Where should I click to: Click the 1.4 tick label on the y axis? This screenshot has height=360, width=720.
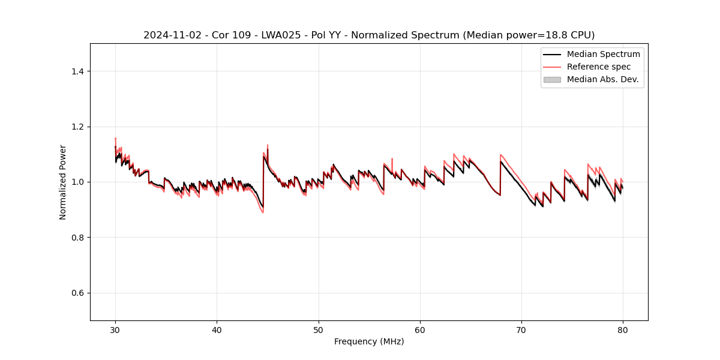(x=77, y=71)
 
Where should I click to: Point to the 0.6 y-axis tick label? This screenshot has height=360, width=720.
(x=77, y=293)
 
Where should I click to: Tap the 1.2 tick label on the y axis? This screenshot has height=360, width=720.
(x=77, y=127)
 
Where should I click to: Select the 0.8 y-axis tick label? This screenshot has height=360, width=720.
(x=77, y=238)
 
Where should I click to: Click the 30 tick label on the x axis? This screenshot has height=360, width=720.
(x=115, y=330)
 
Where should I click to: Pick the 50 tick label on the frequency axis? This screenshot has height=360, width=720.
(x=319, y=330)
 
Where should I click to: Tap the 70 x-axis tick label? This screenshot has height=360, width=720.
(x=521, y=330)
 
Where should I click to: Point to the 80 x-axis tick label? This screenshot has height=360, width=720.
(x=623, y=330)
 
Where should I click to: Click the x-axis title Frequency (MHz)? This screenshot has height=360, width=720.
(x=369, y=341)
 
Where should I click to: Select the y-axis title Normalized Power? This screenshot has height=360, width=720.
(x=63, y=182)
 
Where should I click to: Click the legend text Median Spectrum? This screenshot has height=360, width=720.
(x=603, y=55)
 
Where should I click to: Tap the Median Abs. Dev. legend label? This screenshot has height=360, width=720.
(x=602, y=79)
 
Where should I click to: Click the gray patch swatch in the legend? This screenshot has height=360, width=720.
(x=552, y=79)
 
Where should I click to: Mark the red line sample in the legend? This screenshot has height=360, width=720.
(x=552, y=67)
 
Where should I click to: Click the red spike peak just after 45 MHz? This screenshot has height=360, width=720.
(x=268, y=145)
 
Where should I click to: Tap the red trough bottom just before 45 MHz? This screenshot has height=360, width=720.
(x=263, y=212)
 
